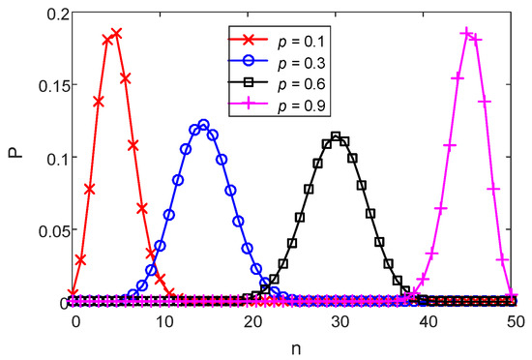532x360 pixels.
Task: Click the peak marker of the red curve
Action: click(116, 34)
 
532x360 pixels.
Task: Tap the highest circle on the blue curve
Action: click(203, 125)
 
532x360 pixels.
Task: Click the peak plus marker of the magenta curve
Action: click(467, 34)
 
